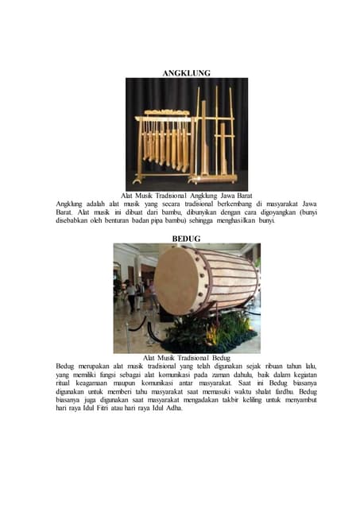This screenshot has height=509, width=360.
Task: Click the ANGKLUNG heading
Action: point(186,73)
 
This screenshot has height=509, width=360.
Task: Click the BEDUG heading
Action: point(186,239)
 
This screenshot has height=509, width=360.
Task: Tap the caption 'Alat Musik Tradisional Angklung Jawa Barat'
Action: point(187,196)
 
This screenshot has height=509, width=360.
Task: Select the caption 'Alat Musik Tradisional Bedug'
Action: point(187,358)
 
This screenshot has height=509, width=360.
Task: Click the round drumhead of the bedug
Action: point(176,281)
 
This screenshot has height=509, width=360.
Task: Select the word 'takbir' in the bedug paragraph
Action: point(230,400)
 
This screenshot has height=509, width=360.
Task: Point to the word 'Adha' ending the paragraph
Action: point(174,408)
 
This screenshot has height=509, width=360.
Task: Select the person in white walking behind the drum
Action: point(131,296)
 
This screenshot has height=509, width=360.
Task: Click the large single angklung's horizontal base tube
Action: point(215,178)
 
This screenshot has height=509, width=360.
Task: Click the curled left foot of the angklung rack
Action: point(137,181)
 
